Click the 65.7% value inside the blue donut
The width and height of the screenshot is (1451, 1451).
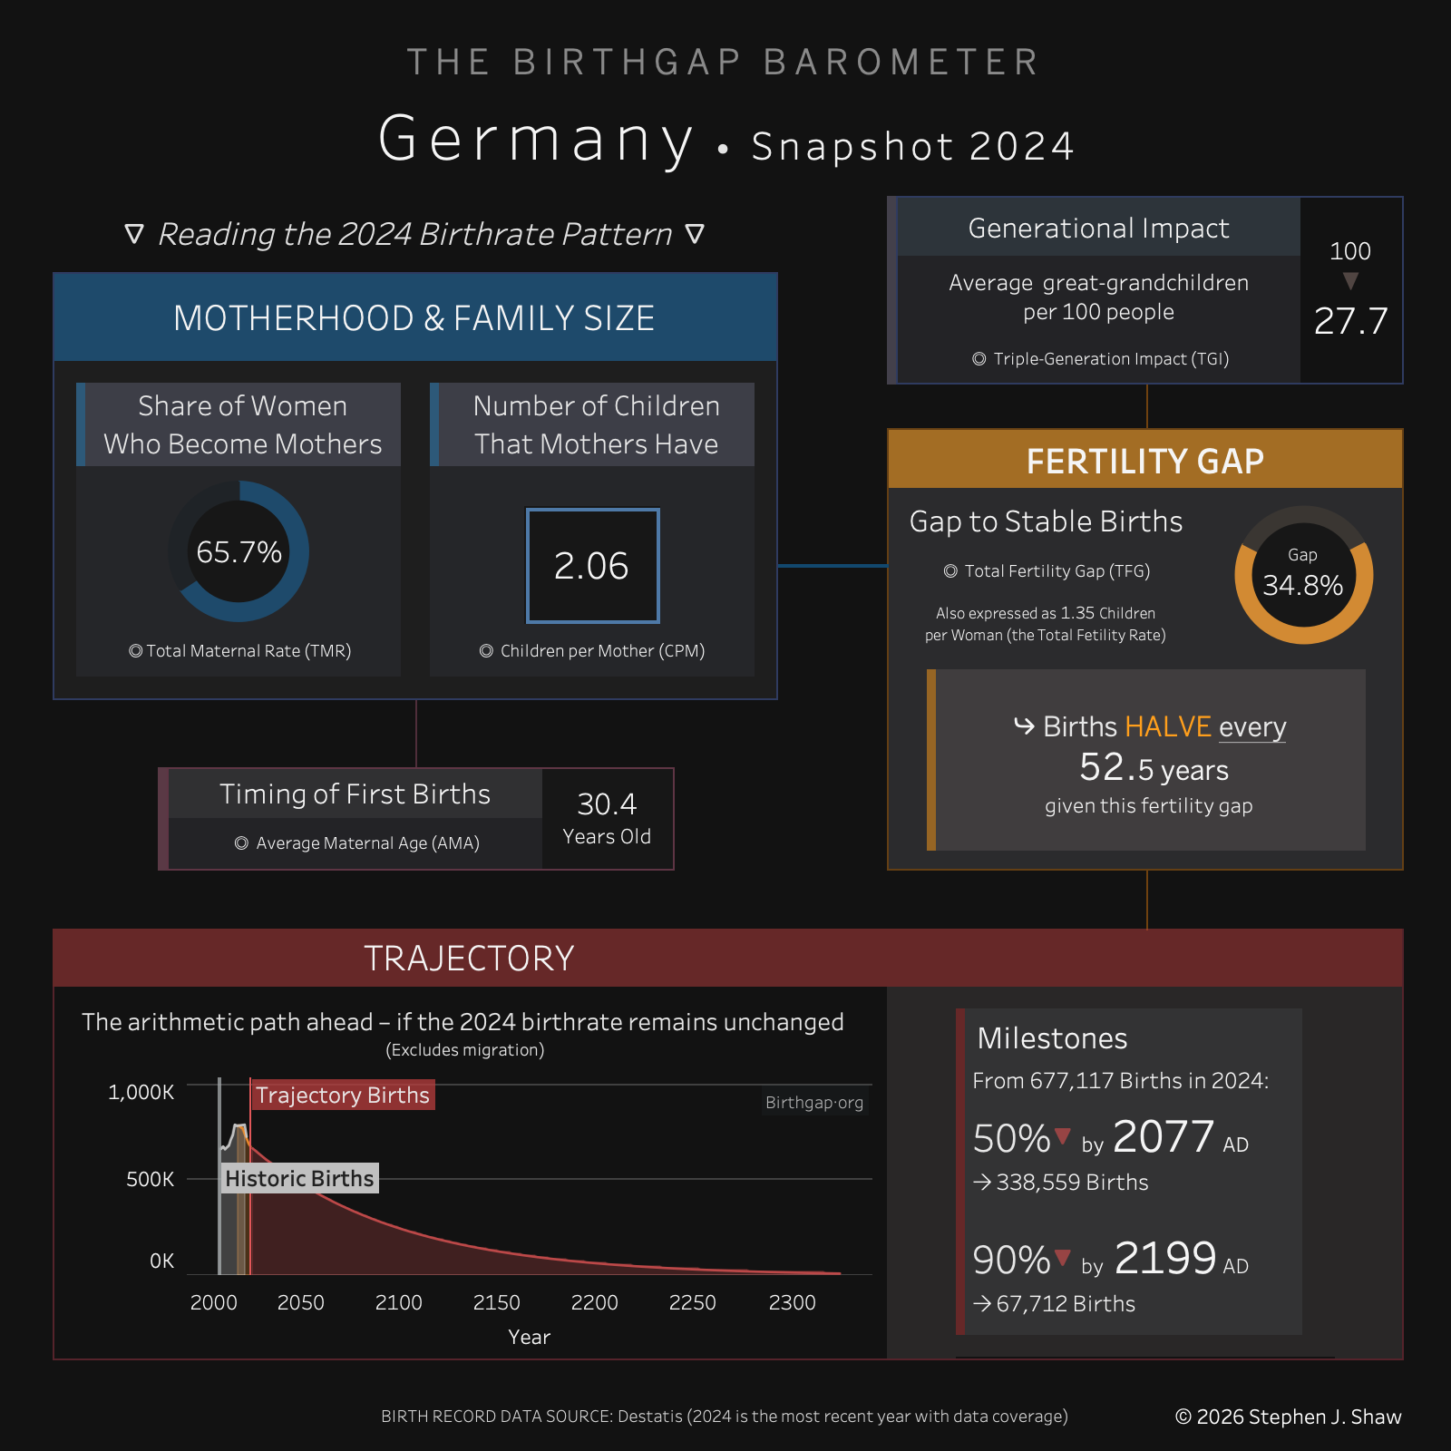coord(239,551)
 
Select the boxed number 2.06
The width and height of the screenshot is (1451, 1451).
coord(591,566)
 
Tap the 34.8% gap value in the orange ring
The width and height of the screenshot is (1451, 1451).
coord(1303,585)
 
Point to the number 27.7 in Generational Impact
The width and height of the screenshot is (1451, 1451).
coord(1350,321)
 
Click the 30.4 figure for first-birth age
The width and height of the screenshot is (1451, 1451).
coord(607,804)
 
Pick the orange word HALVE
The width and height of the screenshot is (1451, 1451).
coord(1168,726)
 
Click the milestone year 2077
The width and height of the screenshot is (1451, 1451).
coord(1164,1136)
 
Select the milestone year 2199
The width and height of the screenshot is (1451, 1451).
coord(1164,1258)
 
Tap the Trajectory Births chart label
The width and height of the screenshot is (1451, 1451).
coord(343,1095)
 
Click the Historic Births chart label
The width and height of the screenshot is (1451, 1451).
coord(299,1178)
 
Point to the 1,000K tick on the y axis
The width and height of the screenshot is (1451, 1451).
coord(141,1092)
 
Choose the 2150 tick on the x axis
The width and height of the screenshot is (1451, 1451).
coord(496,1302)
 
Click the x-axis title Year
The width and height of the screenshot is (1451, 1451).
coord(529,1337)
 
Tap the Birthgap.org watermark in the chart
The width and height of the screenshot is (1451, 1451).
coord(813,1103)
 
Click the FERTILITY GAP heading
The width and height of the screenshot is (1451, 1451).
coord(1144,461)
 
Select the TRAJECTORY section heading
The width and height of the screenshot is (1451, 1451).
coord(469,959)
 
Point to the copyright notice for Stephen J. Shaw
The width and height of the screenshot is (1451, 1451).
coord(1288,1417)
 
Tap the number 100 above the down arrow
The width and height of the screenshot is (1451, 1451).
coord(1349,251)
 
